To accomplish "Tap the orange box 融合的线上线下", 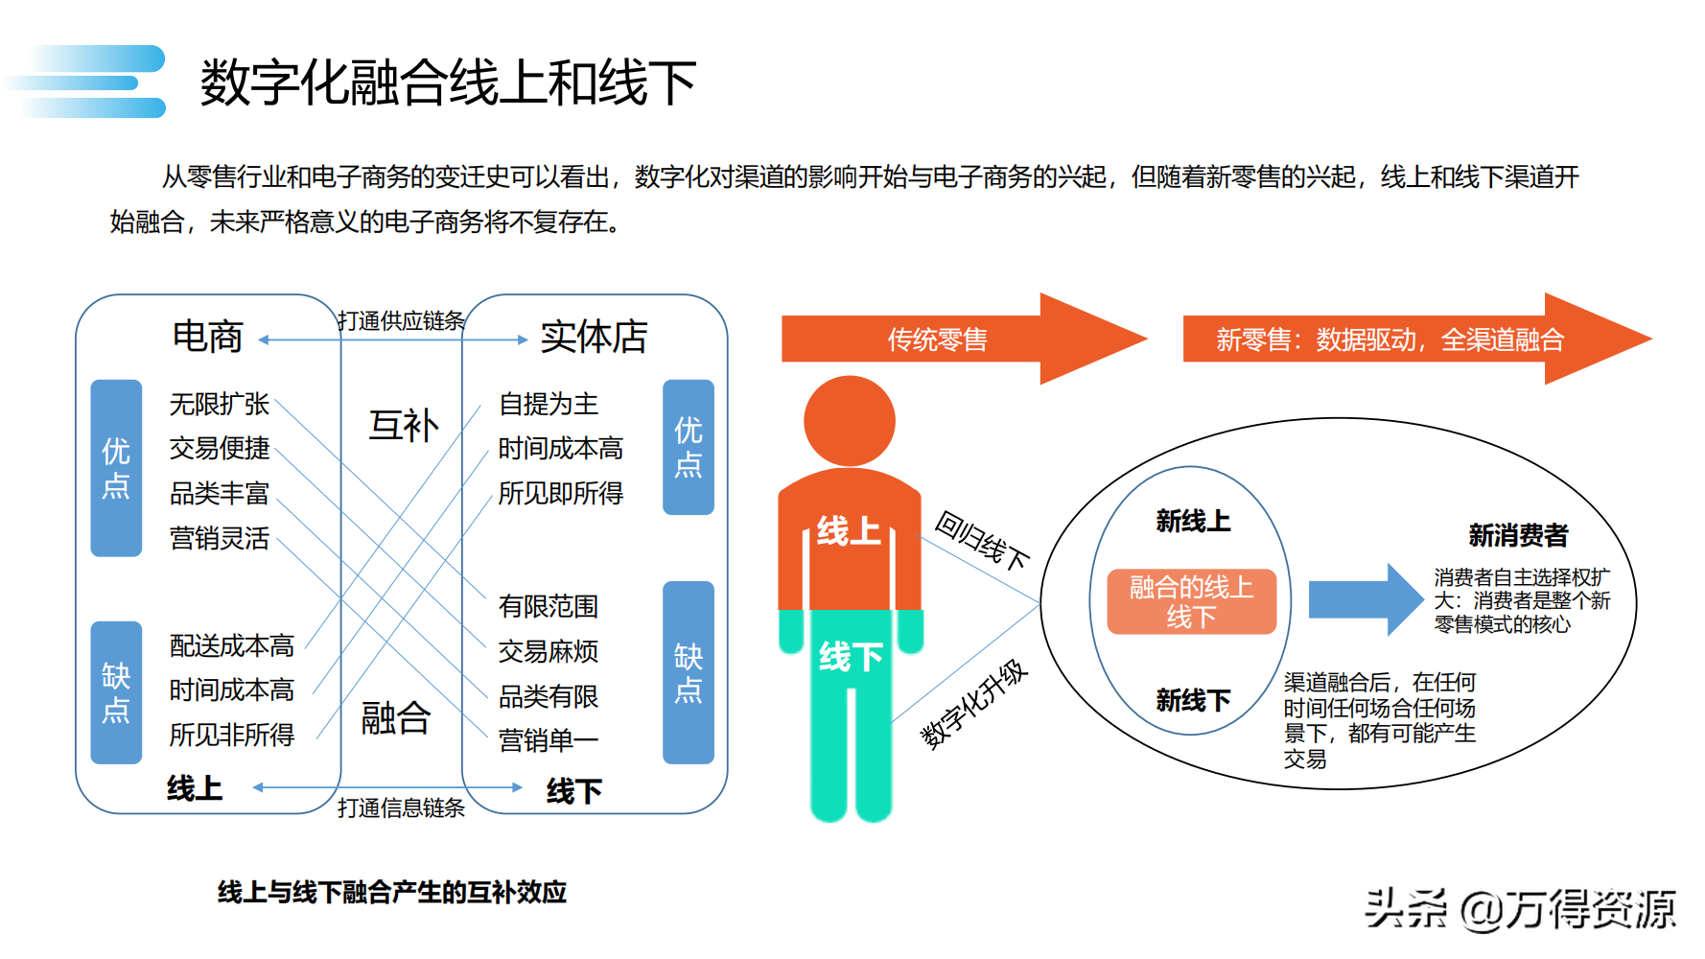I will [x=1191, y=601].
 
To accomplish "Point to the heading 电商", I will [x=208, y=337].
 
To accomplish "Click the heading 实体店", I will [x=594, y=337].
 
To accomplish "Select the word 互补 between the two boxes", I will [x=404, y=426].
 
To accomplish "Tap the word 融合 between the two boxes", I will [x=396, y=717].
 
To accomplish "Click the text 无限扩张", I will [x=220, y=404].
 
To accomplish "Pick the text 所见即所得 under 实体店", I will [x=561, y=493].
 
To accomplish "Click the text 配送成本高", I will [x=232, y=645].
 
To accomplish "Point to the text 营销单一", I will [x=549, y=740].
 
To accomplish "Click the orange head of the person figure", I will [x=849, y=421].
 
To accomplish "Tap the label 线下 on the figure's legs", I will [x=851, y=657].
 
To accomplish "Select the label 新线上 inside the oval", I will [x=1193, y=521].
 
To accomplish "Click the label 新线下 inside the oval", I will [x=1193, y=700].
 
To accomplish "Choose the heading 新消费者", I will [x=1518, y=535].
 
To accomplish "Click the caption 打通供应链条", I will [x=401, y=320].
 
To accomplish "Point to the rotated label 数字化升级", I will [x=973, y=704].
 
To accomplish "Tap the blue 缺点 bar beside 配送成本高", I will [x=116, y=692].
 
